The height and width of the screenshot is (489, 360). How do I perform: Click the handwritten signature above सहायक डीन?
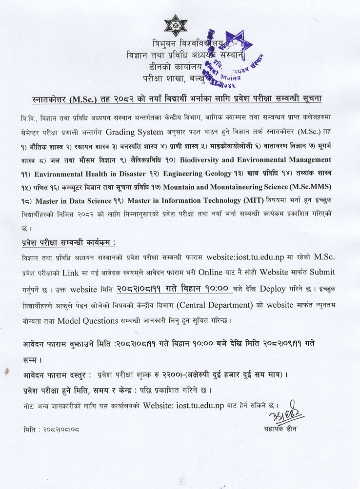285,414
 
